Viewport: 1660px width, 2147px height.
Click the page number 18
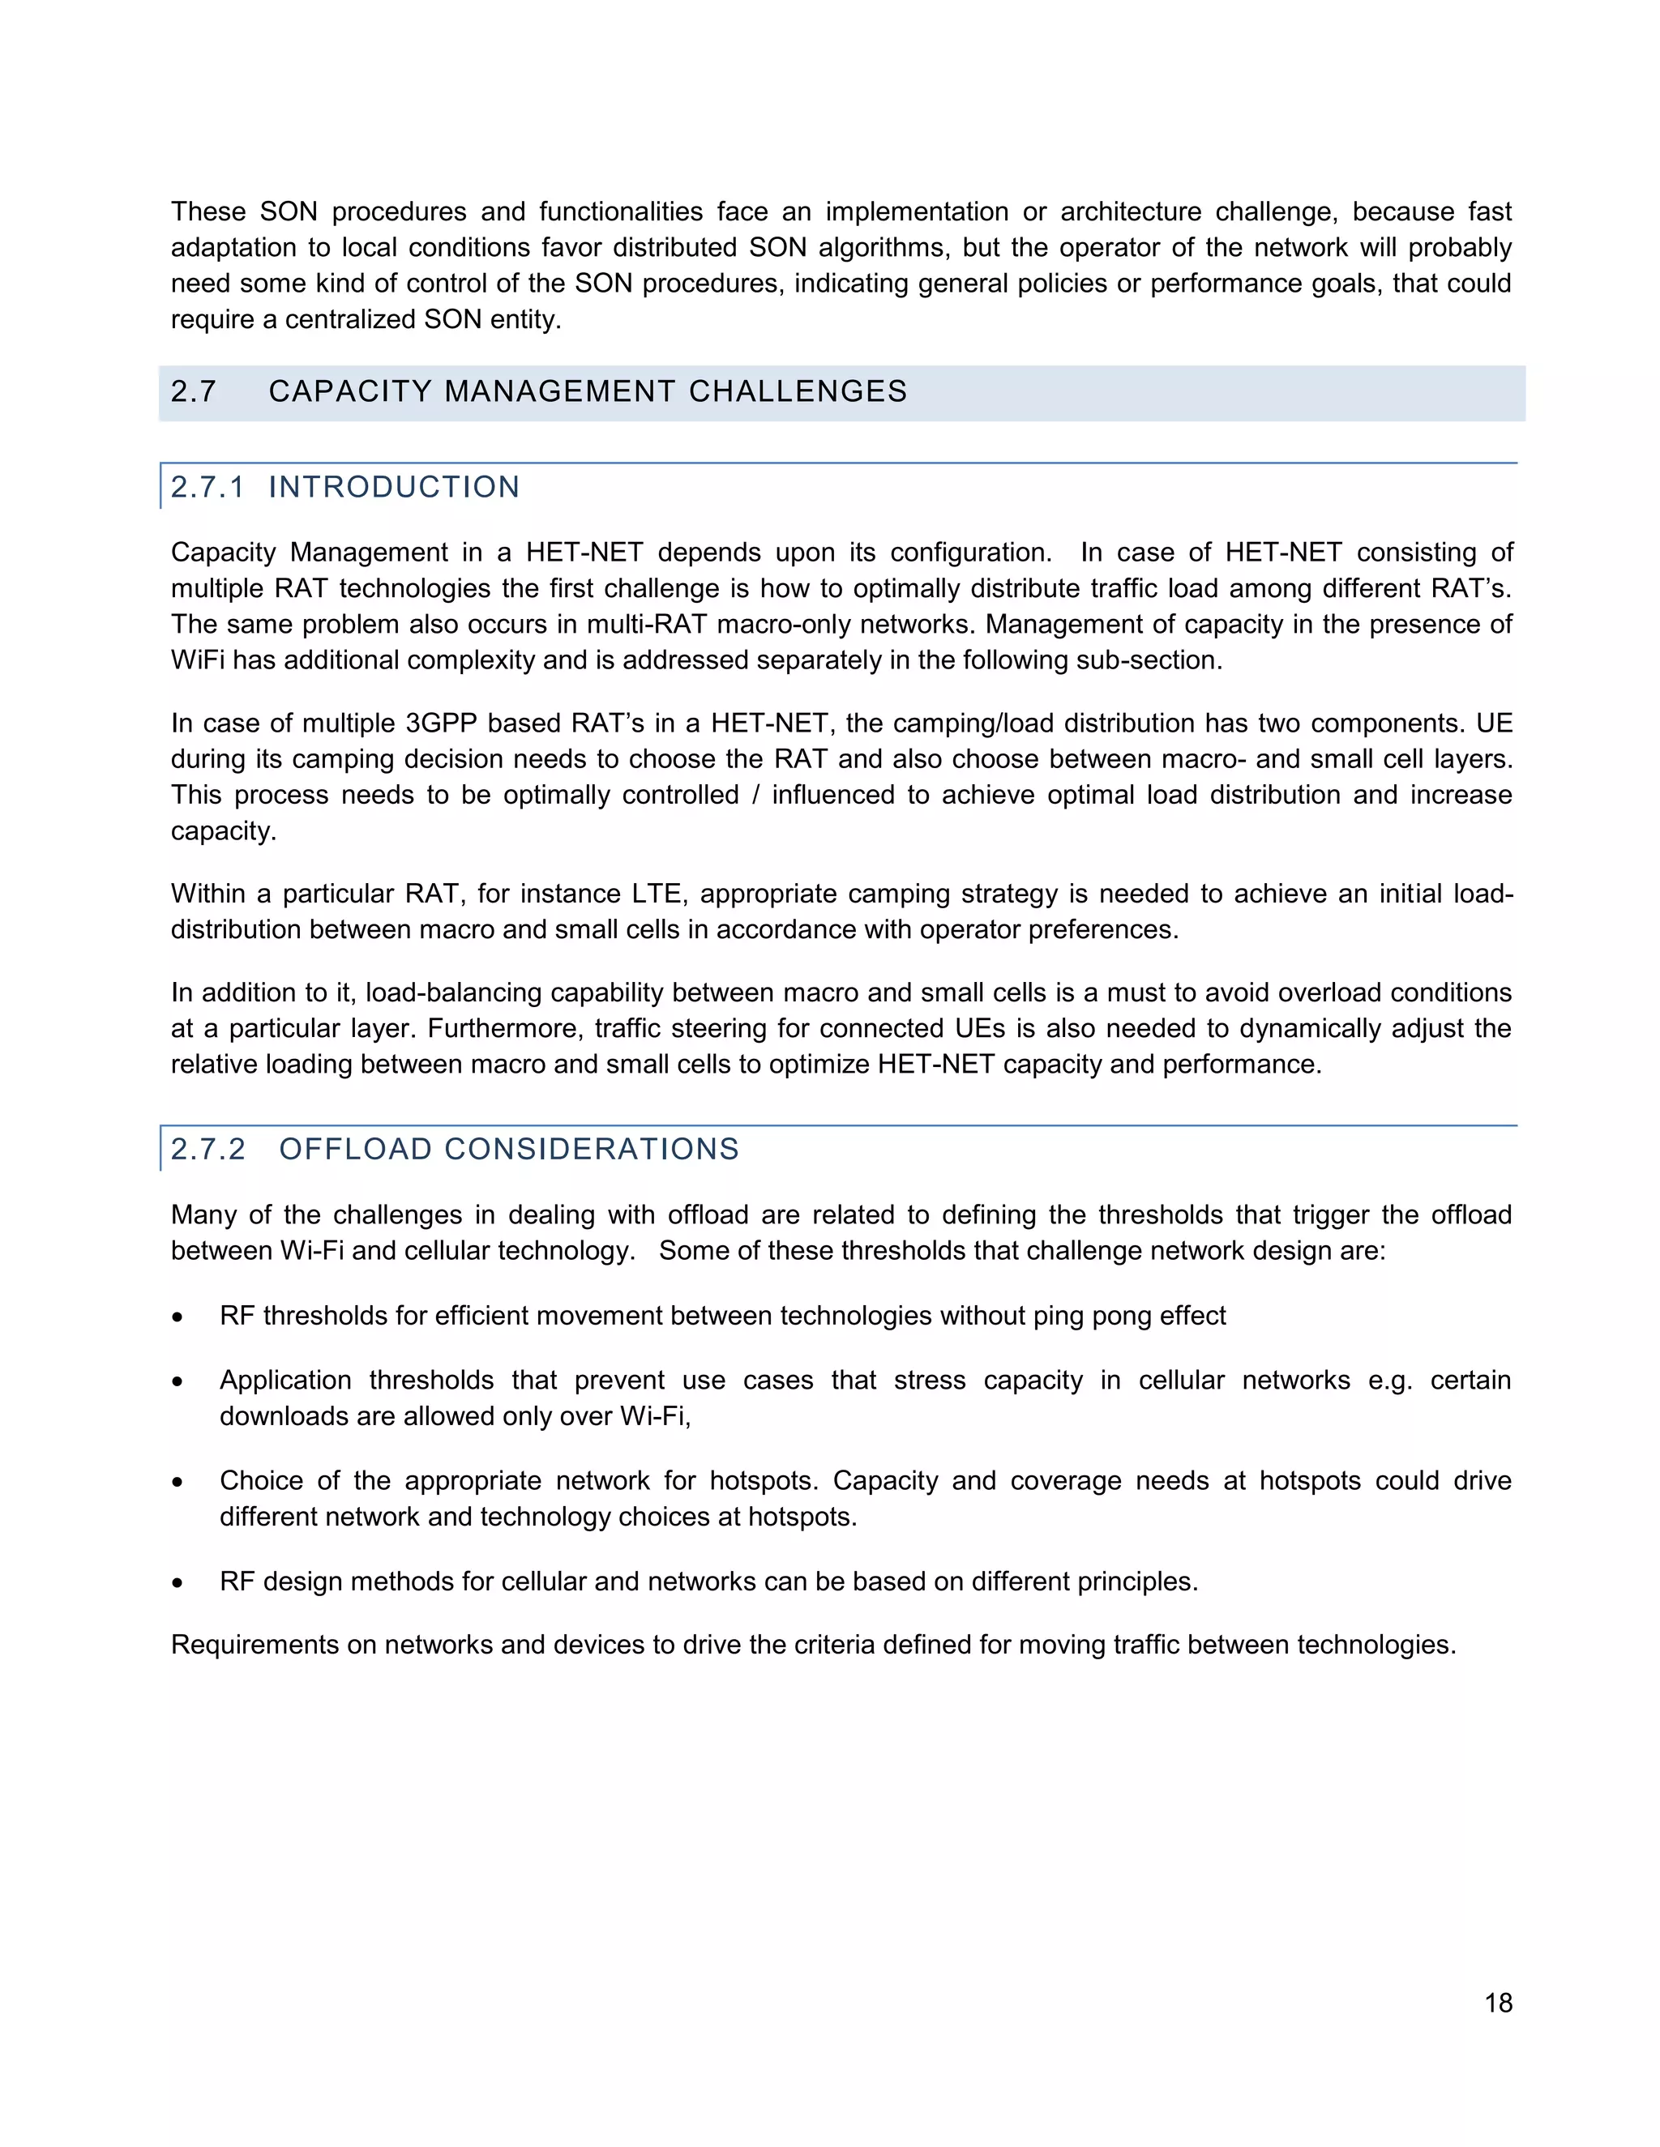click(1498, 2003)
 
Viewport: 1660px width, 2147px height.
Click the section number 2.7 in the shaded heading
click(193, 391)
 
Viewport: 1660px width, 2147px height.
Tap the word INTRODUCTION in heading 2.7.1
click(393, 487)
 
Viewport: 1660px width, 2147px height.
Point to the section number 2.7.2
click(207, 1149)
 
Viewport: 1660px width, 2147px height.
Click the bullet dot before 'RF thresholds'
click(177, 1317)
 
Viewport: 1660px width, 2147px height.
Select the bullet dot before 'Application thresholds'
click(177, 1381)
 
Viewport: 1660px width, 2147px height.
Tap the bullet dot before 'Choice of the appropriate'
click(177, 1483)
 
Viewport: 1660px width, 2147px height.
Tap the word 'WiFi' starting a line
click(197, 659)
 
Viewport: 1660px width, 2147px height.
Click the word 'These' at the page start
click(208, 212)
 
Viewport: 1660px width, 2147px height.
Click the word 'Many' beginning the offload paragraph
click(203, 1215)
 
